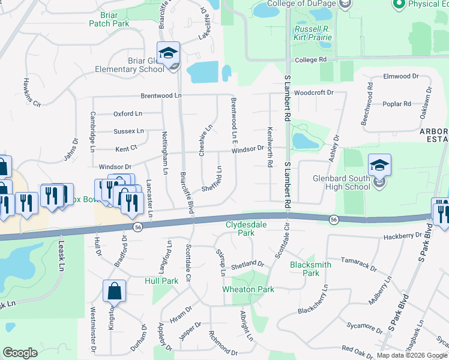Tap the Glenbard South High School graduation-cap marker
pyautogui.click(x=380, y=165)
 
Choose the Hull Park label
pyautogui.click(x=161, y=280)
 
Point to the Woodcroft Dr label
pyautogui.click(x=314, y=93)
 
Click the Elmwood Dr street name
pyautogui.click(x=401, y=77)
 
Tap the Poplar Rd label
pyautogui.click(x=397, y=104)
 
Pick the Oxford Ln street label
pyautogui.click(x=127, y=113)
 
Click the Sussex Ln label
pyautogui.click(x=128, y=131)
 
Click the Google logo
pyautogui.click(x=20, y=352)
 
